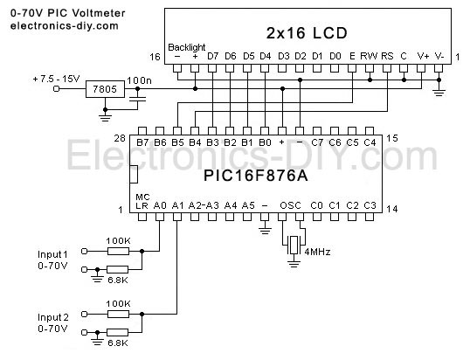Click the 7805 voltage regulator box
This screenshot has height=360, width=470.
(105, 89)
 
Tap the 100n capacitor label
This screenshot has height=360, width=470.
(140, 80)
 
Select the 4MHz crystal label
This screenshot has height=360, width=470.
(317, 252)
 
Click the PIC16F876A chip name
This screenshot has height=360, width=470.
(256, 176)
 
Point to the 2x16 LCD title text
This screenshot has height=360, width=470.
(307, 33)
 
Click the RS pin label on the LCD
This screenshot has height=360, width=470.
(387, 56)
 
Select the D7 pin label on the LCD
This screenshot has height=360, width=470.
(212, 56)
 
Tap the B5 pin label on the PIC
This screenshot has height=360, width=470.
(177, 142)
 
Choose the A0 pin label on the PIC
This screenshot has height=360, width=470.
(160, 205)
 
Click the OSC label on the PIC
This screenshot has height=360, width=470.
(290, 205)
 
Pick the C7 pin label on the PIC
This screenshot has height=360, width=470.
(317, 142)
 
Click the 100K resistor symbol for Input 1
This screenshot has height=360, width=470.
(119, 251)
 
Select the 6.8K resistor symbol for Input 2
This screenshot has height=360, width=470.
(118, 332)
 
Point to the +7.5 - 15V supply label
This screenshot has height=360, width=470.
(56, 79)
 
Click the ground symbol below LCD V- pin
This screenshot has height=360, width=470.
(439, 93)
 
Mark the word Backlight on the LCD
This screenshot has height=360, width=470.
(186, 47)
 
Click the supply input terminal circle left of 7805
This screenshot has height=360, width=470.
(56, 89)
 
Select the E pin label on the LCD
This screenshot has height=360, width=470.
(352, 56)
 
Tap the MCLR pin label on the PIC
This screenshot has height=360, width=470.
(142, 201)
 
